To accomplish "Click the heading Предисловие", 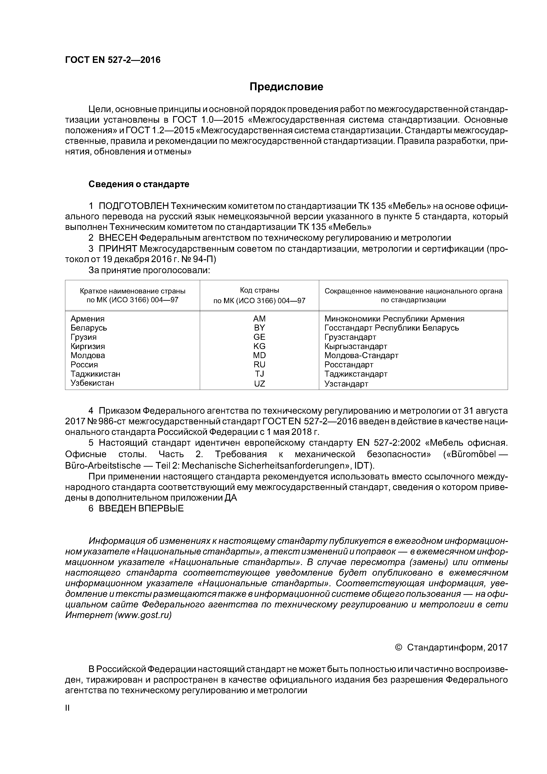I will (x=286, y=87).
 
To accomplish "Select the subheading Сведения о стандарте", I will (x=139, y=184).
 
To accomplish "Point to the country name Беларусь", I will (x=89, y=328).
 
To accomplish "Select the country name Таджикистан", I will (x=95, y=374).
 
